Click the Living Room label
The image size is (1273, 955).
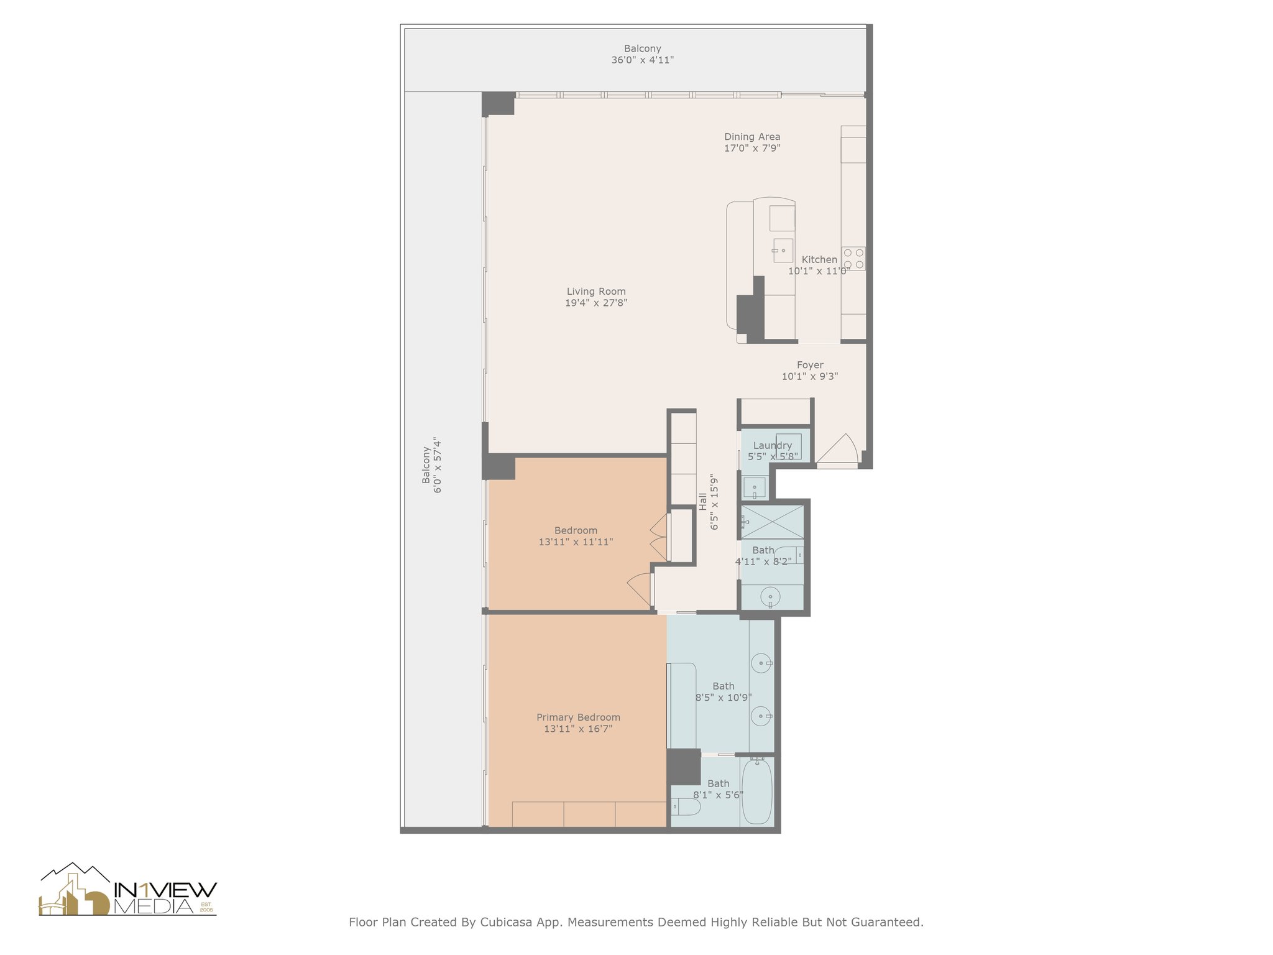[x=595, y=291]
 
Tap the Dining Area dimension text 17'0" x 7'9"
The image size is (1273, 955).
[x=752, y=148]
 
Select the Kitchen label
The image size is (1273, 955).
[x=819, y=259]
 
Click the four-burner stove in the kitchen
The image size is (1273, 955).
[x=853, y=258]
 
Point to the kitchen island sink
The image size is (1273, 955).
[x=783, y=250]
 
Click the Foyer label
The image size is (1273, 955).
[x=810, y=365]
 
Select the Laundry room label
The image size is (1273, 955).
[x=772, y=445]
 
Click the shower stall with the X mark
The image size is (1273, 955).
[x=772, y=522]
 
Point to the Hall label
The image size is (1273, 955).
[x=702, y=502]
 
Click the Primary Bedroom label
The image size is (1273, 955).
[x=578, y=717]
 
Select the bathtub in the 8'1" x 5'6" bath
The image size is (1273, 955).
[x=757, y=791]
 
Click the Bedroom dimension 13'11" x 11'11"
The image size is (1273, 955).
[x=576, y=542]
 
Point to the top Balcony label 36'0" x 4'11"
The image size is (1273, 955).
[x=642, y=54]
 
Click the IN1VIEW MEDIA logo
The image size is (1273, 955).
[x=128, y=890]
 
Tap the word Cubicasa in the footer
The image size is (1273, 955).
[x=505, y=922]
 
